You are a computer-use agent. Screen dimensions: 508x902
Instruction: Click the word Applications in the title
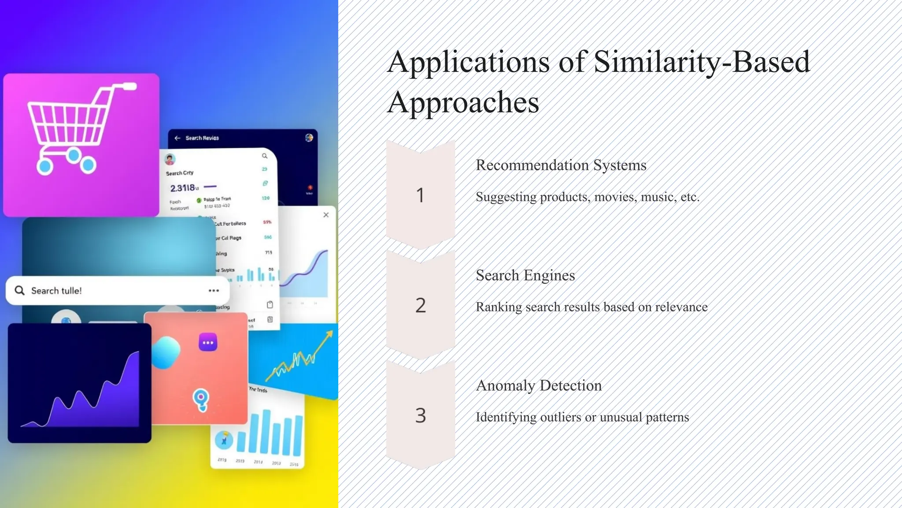469,63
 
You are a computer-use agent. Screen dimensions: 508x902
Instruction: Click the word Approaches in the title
463,103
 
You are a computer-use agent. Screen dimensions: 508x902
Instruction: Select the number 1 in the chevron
420,195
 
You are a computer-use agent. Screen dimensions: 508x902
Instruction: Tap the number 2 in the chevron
420,305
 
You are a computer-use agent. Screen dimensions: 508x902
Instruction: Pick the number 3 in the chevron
420,415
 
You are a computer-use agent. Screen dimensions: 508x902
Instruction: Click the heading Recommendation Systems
561,165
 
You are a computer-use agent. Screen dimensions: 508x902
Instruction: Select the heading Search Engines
525,276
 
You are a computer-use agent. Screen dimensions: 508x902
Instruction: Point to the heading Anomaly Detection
538,386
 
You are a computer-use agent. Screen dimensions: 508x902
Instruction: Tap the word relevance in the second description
681,307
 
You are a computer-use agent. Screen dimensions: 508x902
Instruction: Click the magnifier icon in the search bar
19,290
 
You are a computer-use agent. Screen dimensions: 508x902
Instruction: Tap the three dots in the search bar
214,291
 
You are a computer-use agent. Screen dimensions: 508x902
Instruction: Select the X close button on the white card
326,215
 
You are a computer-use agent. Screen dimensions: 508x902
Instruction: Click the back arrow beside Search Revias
177,138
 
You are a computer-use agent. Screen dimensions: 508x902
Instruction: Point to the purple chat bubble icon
208,343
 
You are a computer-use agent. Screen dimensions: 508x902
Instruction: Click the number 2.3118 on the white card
182,188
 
